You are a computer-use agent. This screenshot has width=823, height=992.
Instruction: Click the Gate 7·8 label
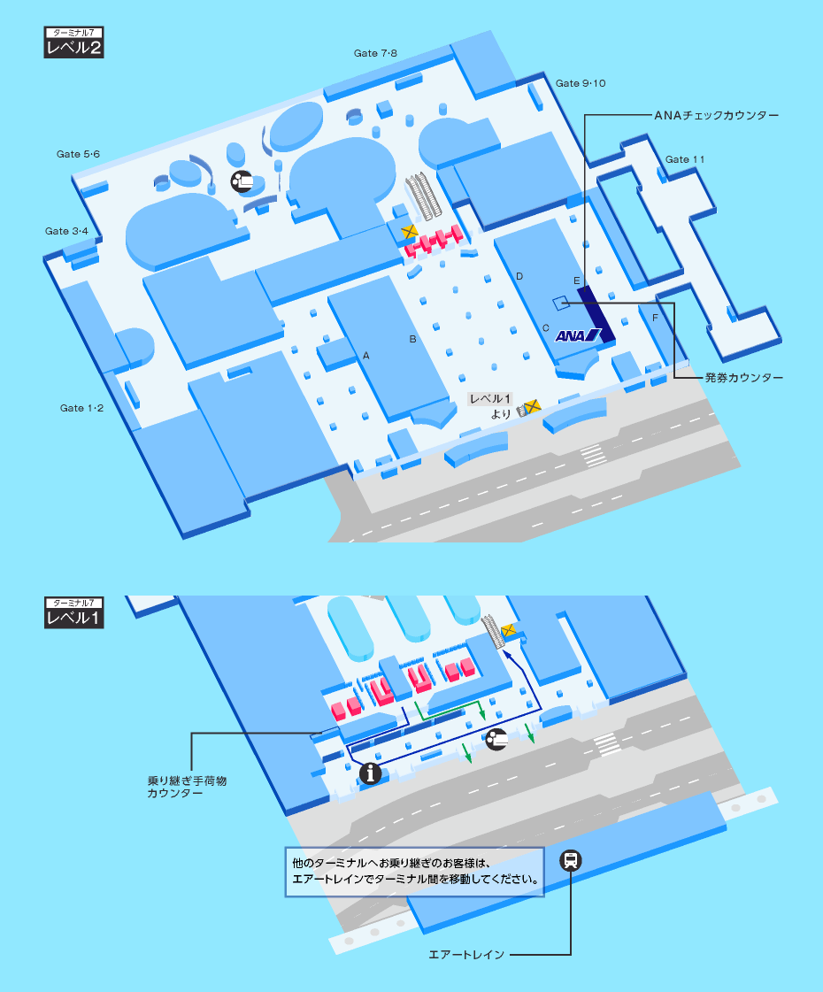[375, 53]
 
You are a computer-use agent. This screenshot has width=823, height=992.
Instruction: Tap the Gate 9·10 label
[581, 83]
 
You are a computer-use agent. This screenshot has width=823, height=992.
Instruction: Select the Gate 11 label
[684, 159]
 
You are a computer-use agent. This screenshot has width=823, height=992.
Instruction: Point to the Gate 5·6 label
[78, 154]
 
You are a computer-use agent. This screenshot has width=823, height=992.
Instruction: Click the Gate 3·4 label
[66, 231]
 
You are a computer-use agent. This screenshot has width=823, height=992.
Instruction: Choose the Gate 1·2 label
[81, 408]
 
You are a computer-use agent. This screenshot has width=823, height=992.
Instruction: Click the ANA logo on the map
[578, 335]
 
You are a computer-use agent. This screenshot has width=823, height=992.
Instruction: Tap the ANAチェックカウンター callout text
[716, 115]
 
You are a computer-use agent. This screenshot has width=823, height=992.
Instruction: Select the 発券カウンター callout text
[744, 378]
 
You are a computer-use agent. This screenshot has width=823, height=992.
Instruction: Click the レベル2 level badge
[74, 42]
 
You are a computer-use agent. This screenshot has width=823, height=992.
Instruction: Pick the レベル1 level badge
[74, 612]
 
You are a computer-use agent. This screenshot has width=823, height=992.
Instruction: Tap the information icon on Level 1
[370, 773]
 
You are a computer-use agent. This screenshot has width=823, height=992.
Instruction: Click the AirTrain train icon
[571, 860]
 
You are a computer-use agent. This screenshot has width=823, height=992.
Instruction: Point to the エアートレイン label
[466, 955]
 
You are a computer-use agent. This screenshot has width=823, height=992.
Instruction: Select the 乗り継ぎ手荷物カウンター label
[187, 787]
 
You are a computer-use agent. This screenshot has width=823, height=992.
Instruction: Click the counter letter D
[519, 276]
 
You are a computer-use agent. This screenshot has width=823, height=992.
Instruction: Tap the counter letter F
[656, 318]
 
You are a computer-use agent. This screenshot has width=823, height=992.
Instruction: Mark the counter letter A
[365, 356]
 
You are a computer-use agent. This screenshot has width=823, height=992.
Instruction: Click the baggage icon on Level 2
[242, 181]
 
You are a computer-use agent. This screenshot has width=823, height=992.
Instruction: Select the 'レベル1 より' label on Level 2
[489, 406]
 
